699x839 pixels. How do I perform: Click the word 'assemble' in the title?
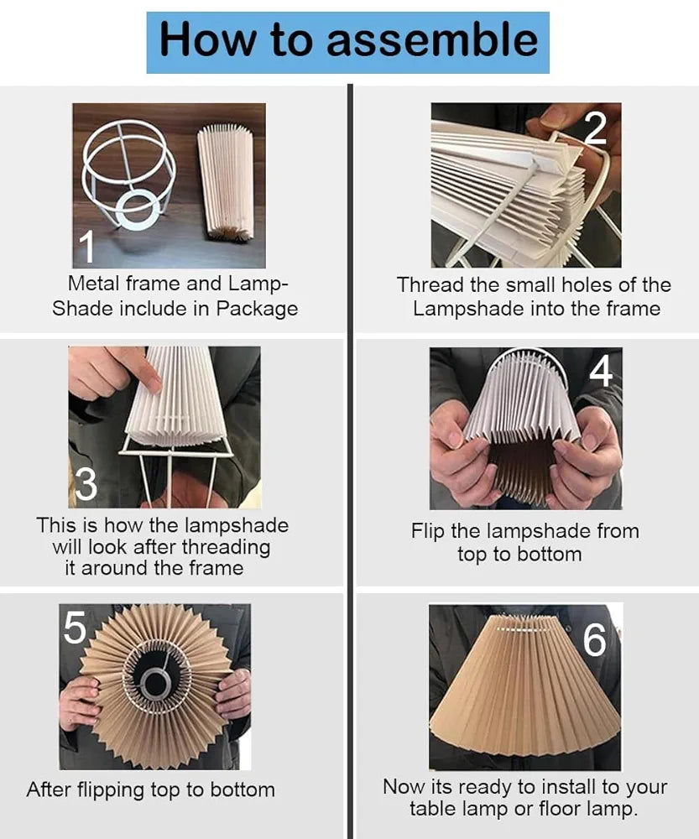[432, 39]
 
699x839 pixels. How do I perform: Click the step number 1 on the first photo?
[86, 247]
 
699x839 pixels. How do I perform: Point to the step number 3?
[86, 485]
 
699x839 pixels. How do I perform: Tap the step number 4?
[601, 372]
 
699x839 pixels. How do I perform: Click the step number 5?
[76, 627]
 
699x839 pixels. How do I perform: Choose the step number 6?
[594, 641]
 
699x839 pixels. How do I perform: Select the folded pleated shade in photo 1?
[225, 180]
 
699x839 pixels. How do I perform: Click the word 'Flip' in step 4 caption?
[426, 531]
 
